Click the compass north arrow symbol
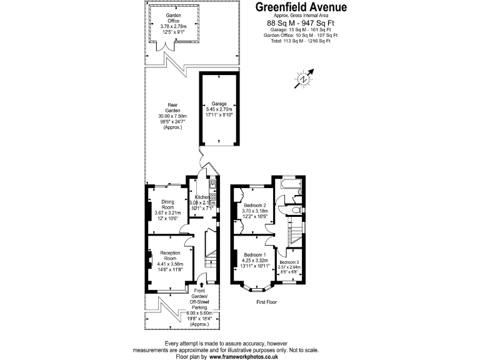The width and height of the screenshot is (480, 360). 304,79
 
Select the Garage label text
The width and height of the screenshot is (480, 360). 218,104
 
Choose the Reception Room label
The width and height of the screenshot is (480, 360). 171,254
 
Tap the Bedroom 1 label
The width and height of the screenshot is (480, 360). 255,255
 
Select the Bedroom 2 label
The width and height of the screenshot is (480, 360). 255,206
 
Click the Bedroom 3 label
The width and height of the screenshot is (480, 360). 289,262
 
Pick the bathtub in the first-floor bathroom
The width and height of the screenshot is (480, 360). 292,186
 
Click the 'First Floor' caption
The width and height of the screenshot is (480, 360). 267,302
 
